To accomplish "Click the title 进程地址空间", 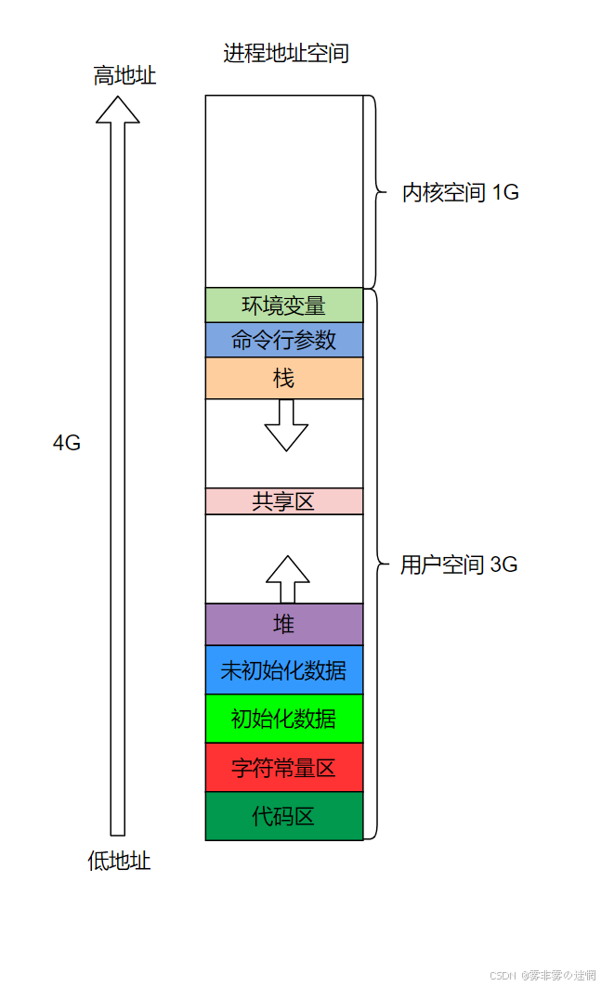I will coord(286,53).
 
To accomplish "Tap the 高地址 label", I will coord(124,76).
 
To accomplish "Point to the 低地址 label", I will coord(119,862).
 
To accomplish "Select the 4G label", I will coord(67,443).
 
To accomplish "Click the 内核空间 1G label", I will coord(460,193).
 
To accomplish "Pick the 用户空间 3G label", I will coord(459,564).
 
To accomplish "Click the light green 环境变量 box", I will coord(284,305).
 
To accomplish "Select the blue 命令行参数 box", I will coord(284,340).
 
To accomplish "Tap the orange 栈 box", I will coord(284,379).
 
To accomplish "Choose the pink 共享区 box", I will coord(284,501).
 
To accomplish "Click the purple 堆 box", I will coord(284,625).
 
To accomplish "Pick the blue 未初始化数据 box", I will coord(284,670).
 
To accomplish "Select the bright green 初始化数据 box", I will coord(284,719).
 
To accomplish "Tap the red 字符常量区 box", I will coord(284,768).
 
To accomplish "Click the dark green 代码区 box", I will coord(284,816).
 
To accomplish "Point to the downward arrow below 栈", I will coord(286,427).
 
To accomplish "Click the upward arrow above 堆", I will coord(287,577).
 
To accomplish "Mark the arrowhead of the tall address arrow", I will coord(118,109).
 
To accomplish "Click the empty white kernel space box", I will coord(284,191).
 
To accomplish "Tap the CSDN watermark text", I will coord(542,975).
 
